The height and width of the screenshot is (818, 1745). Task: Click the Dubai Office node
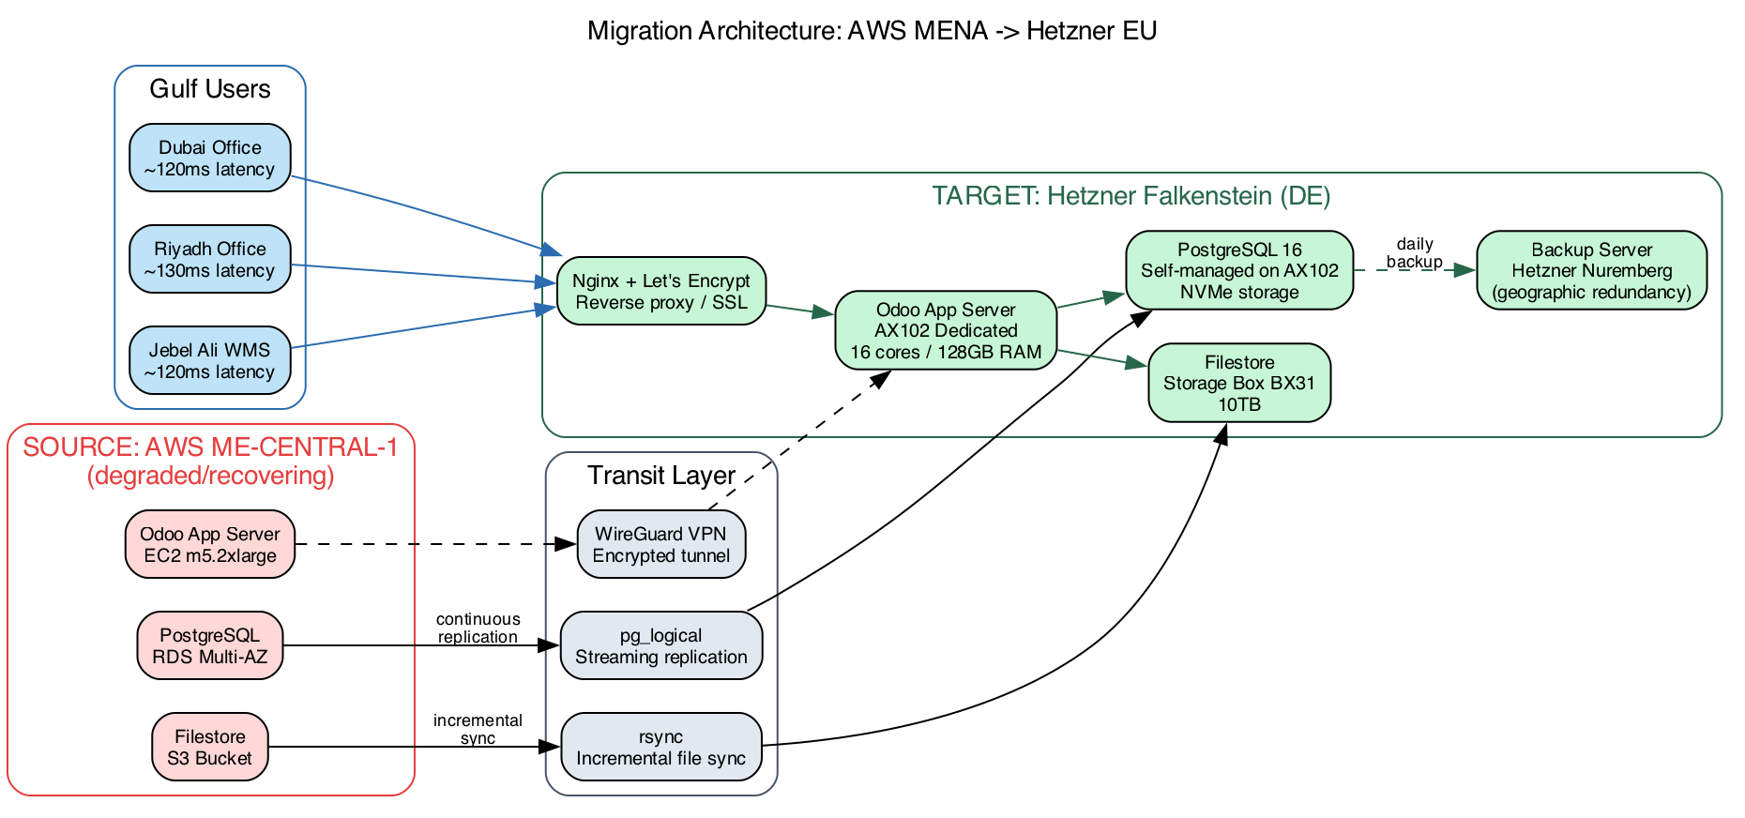pos(209,158)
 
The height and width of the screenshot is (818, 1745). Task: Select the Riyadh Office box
pos(209,259)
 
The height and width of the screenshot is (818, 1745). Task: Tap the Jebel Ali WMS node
pos(209,360)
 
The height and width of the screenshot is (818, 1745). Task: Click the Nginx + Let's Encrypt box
pos(660,291)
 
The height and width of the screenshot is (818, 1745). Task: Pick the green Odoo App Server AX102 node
pos(945,330)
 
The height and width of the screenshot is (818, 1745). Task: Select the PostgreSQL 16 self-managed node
pos(1238,270)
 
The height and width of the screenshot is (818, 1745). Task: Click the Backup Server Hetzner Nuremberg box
pos(1590,270)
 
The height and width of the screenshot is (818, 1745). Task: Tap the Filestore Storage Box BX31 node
pos(1238,383)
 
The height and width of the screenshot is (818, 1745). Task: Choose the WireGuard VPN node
pos(660,544)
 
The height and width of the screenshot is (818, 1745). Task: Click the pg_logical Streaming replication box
pos(660,645)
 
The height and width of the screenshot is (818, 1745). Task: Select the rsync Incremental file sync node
pos(660,747)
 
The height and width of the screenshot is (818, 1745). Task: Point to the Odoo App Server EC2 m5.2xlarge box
pos(209,544)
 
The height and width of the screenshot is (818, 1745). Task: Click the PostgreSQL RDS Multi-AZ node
pos(209,645)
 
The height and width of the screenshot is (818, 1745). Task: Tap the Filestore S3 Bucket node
pos(209,747)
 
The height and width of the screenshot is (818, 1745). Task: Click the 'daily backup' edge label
pos(1414,253)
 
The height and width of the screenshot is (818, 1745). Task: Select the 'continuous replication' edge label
pos(478,628)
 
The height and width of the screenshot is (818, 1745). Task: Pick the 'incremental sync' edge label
pos(478,729)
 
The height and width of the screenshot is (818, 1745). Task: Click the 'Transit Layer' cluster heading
pos(660,476)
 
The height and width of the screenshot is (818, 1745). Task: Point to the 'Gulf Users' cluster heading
pos(209,89)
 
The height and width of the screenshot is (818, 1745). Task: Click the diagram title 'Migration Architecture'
pos(872,31)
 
